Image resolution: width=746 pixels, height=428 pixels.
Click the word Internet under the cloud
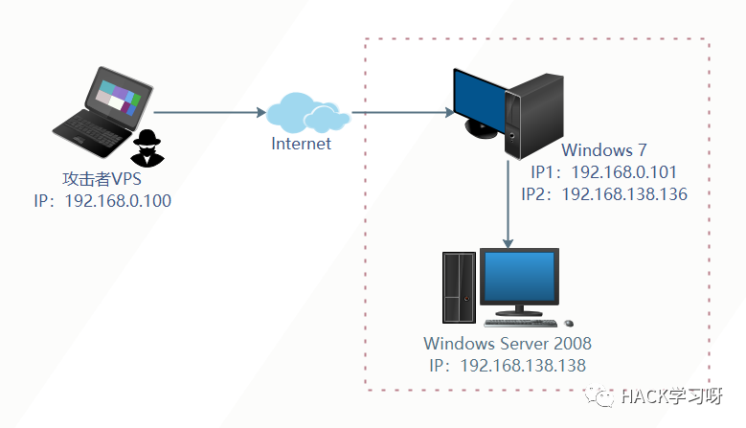coord(301,144)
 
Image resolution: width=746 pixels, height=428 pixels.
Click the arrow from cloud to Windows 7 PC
coord(402,113)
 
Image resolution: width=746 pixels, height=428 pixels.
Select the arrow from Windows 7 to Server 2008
coord(508,201)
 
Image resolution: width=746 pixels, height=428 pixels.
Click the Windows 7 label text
coord(604,150)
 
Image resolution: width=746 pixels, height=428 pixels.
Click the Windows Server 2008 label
coord(508,344)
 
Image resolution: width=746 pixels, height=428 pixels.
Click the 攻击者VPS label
coord(101,179)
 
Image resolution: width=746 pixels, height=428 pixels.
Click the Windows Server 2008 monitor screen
coord(520,277)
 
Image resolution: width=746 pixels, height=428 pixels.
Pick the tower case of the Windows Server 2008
coord(459,286)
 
